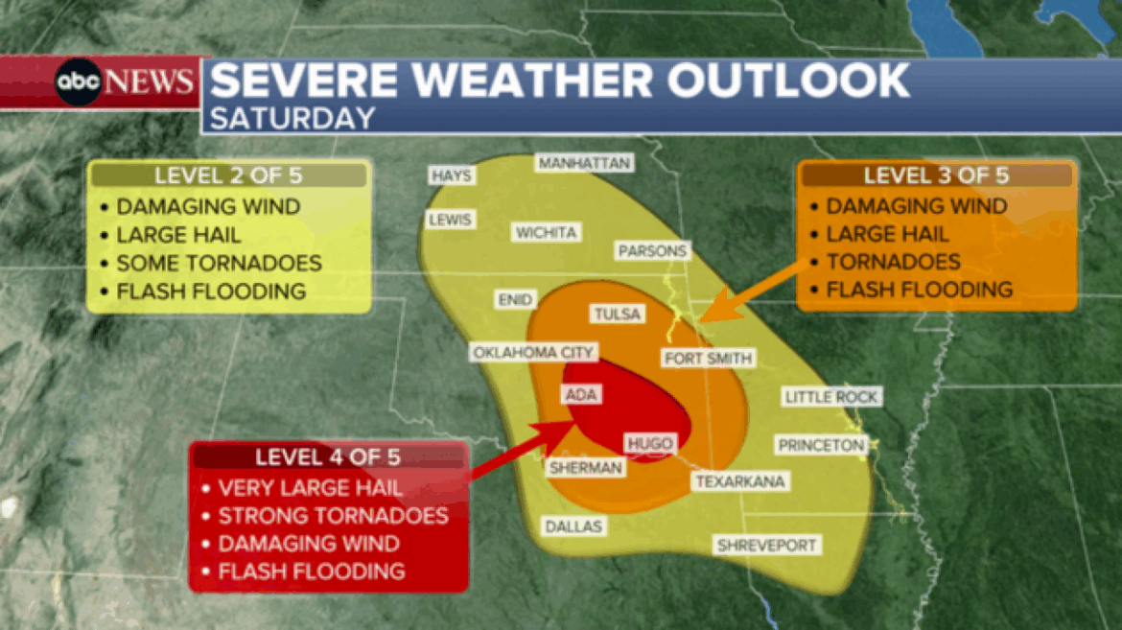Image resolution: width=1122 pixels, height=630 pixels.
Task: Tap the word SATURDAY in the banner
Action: (x=292, y=117)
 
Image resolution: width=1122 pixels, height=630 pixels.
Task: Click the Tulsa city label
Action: (x=618, y=315)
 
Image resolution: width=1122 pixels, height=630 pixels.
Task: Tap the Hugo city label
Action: (x=650, y=443)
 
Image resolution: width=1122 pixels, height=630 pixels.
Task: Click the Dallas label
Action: (x=573, y=526)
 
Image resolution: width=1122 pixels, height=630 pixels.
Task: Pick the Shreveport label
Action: (x=767, y=546)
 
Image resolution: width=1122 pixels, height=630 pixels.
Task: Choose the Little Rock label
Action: (x=830, y=397)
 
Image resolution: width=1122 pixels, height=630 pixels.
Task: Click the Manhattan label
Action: (x=584, y=163)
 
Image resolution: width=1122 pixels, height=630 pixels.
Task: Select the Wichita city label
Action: (x=546, y=232)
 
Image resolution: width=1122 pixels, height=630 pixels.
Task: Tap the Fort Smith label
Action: (x=709, y=359)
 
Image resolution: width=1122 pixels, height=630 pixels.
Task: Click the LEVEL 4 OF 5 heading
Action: (x=328, y=456)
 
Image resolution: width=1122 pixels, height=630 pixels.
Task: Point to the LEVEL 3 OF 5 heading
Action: (x=936, y=175)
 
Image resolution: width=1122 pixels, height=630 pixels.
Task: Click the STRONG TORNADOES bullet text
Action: (x=333, y=516)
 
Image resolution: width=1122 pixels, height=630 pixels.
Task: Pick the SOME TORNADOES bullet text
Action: (x=219, y=263)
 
